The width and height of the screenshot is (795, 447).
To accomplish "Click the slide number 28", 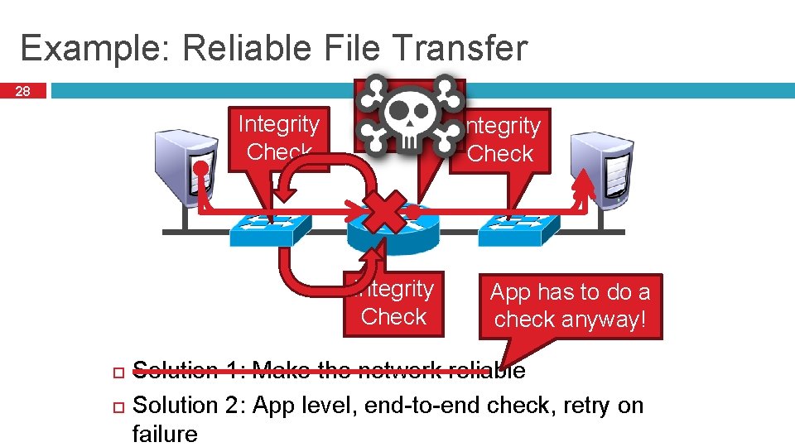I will click(23, 91).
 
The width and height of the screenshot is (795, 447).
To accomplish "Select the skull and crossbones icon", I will click(410, 114).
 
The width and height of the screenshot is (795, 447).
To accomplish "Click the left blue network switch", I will click(270, 228).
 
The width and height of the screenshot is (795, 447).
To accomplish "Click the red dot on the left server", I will click(200, 168).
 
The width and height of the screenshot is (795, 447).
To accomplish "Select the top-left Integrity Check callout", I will click(278, 137).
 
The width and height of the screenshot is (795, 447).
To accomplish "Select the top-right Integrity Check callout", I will click(502, 140).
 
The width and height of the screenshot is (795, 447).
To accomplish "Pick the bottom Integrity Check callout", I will click(393, 303).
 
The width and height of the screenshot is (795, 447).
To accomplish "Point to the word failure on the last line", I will click(165, 434).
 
